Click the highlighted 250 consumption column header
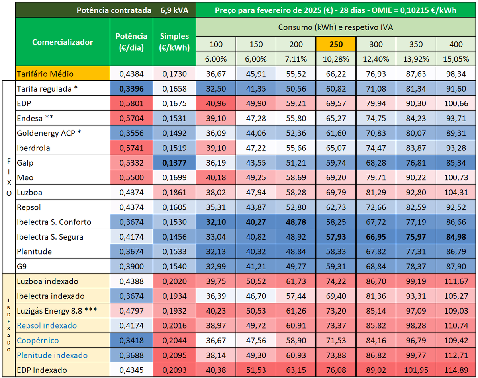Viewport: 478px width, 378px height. pyautogui.click(x=336, y=44)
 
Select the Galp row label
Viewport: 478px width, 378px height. pyautogui.click(x=25, y=163)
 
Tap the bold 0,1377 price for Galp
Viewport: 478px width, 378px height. pyautogui.click(x=174, y=163)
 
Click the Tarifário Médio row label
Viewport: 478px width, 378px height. pyautogui.click(x=45, y=74)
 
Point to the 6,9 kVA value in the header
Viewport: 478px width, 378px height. pyautogui.click(x=174, y=10)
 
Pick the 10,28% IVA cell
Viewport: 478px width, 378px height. pyautogui.click(x=336, y=59)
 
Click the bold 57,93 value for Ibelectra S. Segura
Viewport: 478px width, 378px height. pyautogui.click(x=336, y=237)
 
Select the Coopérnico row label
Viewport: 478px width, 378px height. pyautogui.click(x=38, y=341)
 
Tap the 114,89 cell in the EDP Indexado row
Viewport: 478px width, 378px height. pyautogui.click(x=456, y=370)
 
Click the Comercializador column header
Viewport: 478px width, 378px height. pyautogui.click(x=63, y=42)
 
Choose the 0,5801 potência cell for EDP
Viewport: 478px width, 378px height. pyautogui.click(x=131, y=103)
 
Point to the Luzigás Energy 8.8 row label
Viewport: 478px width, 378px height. pyautogui.click(x=57, y=311)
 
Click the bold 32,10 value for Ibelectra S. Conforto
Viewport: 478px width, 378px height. pyautogui.click(x=216, y=222)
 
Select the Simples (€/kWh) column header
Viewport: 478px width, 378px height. pyautogui.click(x=174, y=42)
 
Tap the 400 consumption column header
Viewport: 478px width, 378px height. pyautogui.click(x=456, y=44)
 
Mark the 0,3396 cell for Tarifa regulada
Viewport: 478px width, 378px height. pyautogui.click(x=131, y=89)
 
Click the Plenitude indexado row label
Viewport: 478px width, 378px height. pyautogui.click(x=52, y=355)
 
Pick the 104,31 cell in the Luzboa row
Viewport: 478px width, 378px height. pyautogui.click(x=456, y=192)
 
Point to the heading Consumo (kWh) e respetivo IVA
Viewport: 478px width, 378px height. pyautogui.click(x=336, y=27)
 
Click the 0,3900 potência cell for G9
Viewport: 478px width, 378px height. pyautogui.click(x=131, y=266)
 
